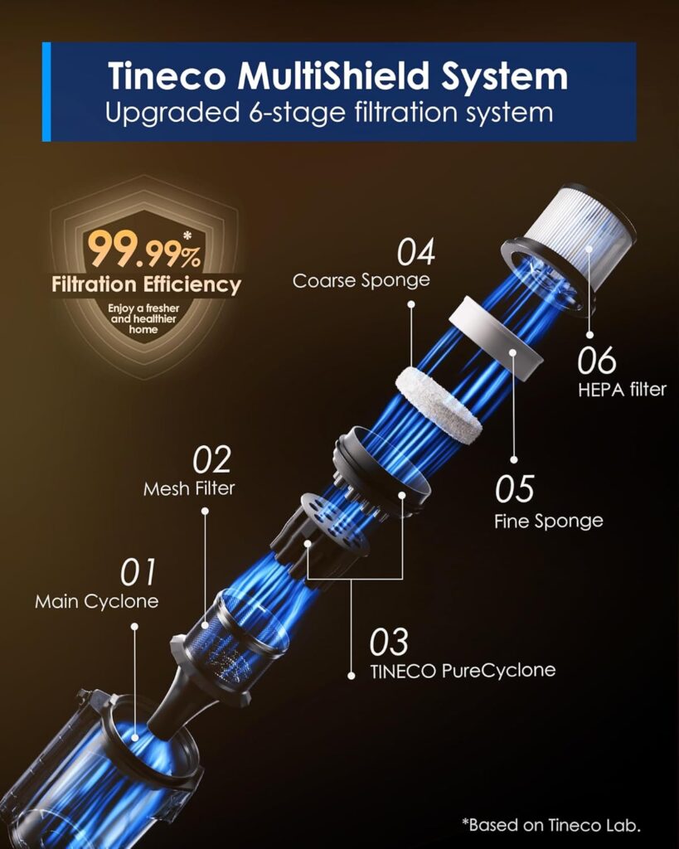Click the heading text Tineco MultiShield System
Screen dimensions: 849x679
[x=337, y=76]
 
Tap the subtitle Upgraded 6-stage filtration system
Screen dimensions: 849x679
[x=328, y=112]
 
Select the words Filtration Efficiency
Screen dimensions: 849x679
[x=146, y=285]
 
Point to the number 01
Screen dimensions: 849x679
[x=138, y=572]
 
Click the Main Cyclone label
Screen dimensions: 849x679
[x=96, y=601]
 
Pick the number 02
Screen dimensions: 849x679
[x=211, y=460]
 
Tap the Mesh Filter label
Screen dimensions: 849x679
[x=189, y=488]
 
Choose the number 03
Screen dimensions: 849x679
[x=389, y=642]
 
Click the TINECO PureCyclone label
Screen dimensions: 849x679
[x=463, y=670]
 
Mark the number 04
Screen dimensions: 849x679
[x=415, y=251]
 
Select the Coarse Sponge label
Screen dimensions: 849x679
[x=361, y=280]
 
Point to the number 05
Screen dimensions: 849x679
[x=514, y=489]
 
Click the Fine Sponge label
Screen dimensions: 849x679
[x=548, y=521]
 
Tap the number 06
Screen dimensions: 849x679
[x=597, y=361]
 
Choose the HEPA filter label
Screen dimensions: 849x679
[x=622, y=389]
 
